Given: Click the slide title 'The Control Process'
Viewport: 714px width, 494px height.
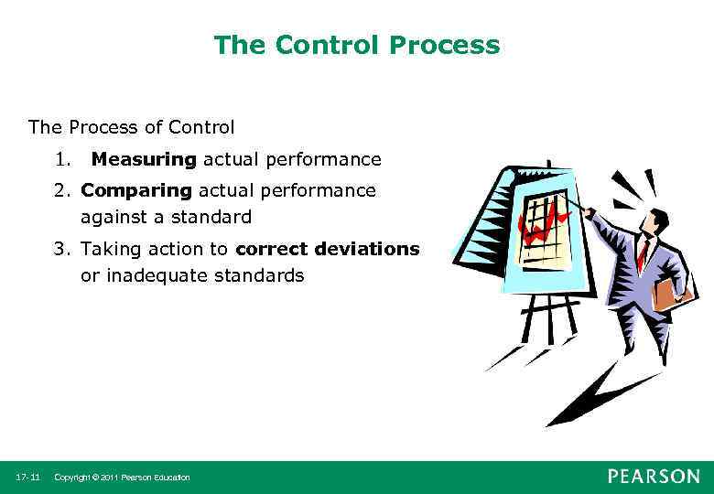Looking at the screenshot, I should point(357,45).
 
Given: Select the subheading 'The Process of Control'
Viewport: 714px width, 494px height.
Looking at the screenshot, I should point(132,127).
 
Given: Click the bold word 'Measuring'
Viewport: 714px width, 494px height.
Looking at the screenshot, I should point(144,160).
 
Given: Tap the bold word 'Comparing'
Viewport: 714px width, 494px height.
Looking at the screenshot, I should point(136,190).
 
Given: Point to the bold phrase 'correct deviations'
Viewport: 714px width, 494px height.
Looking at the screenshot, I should point(327,249).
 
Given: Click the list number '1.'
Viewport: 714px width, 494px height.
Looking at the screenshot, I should point(62,160).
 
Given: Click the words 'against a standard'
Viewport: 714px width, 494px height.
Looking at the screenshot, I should point(166,218).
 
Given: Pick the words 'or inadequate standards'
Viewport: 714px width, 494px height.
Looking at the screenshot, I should point(192,275).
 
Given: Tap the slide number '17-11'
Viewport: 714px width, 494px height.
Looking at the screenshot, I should point(27,478).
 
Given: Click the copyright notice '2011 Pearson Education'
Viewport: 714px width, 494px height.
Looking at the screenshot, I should point(123,478).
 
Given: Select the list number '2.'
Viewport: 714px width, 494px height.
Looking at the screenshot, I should point(63,190).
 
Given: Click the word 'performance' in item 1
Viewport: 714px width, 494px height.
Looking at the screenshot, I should point(322,160).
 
